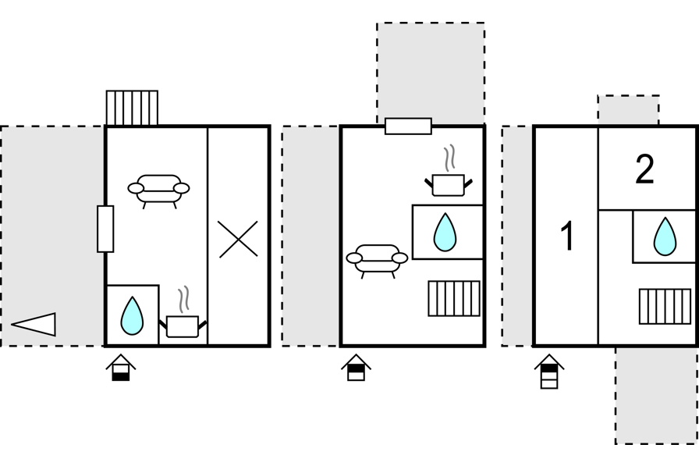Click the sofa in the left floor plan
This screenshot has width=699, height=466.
coord(158,189)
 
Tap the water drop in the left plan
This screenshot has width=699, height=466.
coord(132,315)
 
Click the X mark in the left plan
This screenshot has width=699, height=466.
coord(237,240)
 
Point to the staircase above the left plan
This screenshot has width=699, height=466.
coord(132,108)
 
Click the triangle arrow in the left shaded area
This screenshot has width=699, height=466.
coord(34,324)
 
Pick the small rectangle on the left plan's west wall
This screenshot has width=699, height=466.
coord(105,229)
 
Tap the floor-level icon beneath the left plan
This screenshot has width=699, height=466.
coord(121,368)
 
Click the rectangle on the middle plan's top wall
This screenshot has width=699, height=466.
coord(408,126)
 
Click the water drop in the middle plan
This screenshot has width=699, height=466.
coord(445,232)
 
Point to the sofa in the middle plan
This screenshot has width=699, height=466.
coord(378,259)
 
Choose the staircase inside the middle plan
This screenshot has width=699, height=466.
coord(454,299)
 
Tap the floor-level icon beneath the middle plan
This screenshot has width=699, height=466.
coord(356,368)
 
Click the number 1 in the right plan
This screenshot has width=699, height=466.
coord(568,237)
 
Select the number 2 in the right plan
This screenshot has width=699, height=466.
coord(644,169)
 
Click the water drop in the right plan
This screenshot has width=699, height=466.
coord(665,237)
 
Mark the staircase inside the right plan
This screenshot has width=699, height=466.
coord(665,306)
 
